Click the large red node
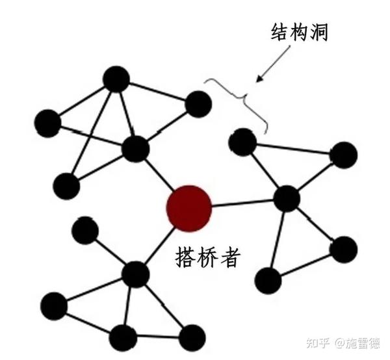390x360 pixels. point(189,207)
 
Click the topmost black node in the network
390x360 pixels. point(116,79)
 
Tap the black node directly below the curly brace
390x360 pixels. point(242,142)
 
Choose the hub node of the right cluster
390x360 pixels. point(286,198)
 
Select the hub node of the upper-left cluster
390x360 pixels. point(136,149)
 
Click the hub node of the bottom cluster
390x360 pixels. point(135,275)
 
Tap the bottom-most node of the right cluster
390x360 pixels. point(268,279)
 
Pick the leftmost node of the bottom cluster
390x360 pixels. point(53,305)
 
